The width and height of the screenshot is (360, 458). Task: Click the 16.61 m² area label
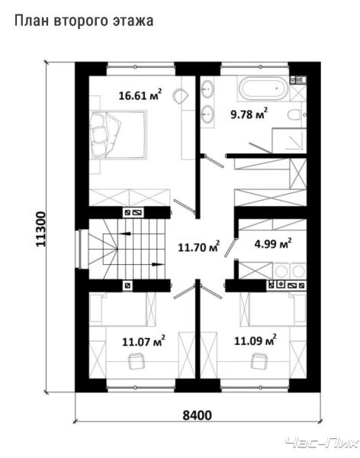coord(140,95)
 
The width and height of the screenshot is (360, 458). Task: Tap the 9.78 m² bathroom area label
coord(249,113)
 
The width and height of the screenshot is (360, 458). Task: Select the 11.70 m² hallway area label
coord(199,247)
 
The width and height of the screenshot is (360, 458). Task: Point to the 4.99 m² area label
coord(273,243)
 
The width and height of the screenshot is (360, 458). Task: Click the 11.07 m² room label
coord(143,340)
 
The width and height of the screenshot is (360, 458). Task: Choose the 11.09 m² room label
coord(256,340)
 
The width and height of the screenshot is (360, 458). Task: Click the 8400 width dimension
coord(197,414)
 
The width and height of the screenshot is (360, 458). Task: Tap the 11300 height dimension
coord(41,229)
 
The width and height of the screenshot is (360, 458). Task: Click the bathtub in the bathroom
coord(263,89)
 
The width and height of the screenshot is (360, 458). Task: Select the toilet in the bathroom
coord(296,114)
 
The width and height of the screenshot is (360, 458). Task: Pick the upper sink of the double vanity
coord(208,88)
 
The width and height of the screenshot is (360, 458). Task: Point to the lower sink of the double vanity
coord(208,113)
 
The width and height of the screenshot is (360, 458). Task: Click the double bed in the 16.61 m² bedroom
coord(118,134)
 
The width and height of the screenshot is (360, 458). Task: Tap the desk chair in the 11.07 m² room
coord(136,361)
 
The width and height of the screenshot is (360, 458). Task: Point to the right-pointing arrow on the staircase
coord(158,265)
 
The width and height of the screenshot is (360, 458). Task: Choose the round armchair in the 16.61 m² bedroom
coord(181,95)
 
